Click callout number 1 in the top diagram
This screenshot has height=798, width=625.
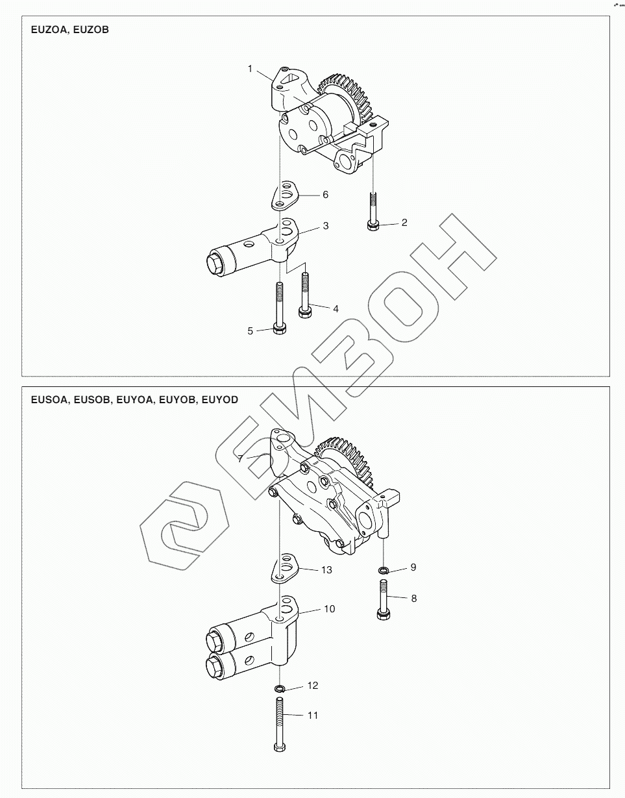pos(250,69)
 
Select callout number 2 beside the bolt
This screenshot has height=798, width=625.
pos(404,223)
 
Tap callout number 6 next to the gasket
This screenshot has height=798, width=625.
pos(326,195)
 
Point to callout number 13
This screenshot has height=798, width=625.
pos(326,570)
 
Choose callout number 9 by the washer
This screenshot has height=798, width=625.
pos(413,567)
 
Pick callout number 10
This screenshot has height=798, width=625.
pos(330,609)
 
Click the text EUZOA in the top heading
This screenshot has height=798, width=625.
pos(49,30)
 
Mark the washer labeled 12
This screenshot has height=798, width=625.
pos(280,688)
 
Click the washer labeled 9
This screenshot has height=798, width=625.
pos(383,570)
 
